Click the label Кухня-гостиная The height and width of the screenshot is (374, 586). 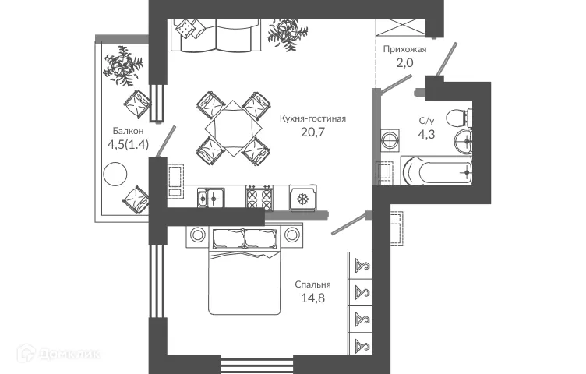[x=312, y=119]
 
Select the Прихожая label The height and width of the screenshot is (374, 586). [x=404, y=51]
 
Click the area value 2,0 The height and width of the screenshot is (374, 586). [x=404, y=64]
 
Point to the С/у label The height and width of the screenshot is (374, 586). [x=427, y=120]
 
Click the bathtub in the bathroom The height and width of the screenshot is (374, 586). [x=436, y=171]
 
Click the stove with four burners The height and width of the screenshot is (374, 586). [x=259, y=196]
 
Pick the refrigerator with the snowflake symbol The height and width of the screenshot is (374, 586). [x=302, y=197]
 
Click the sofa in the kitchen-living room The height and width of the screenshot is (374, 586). [x=219, y=35]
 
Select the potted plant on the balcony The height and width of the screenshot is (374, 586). [x=122, y=64]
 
